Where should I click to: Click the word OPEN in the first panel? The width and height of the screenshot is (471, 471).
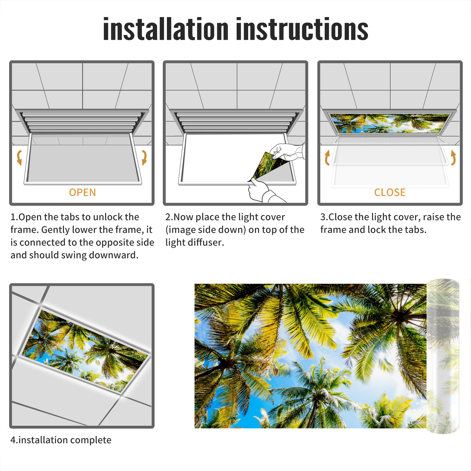click(82, 193)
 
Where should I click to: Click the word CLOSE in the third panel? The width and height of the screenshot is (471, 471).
click(390, 193)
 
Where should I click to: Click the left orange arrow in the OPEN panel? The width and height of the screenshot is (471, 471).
click(19, 157)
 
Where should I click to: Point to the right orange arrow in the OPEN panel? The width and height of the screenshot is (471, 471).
click(144, 157)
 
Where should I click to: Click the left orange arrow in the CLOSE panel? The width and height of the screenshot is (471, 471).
click(327, 157)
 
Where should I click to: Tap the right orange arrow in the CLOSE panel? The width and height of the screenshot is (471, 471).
click(453, 157)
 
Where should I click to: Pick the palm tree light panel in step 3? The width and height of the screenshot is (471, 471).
click(390, 123)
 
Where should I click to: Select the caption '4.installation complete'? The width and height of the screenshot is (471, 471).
click(61, 440)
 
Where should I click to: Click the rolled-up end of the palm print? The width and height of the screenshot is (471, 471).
click(443, 356)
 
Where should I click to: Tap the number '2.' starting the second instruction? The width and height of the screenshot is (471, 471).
click(169, 217)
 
